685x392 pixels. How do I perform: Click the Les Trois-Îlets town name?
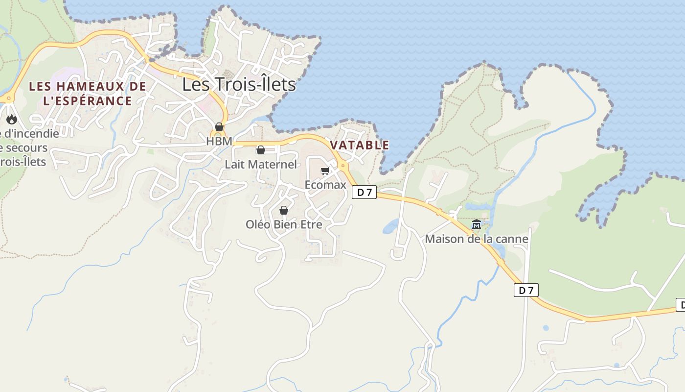point(239,84)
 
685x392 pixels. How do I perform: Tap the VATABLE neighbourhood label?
point(360,145)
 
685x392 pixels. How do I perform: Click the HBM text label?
point(219,141)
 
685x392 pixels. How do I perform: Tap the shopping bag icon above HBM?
point(219,127)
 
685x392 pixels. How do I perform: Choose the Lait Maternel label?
point(261,164)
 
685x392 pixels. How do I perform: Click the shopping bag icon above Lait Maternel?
point(261,150)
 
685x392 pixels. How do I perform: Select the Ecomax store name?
point(325,185)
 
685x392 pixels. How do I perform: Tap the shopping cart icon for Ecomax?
point(325,171)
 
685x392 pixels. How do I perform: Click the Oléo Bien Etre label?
point(284,224)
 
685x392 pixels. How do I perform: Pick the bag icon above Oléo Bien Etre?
point(283,210)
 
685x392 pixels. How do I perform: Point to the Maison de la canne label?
point(477,239)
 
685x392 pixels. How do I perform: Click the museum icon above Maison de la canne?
point(476,225)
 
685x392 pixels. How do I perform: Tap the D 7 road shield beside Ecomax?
point(364,193)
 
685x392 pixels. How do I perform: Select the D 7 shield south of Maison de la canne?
point(526,290)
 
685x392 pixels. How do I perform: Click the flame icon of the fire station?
point(12,119)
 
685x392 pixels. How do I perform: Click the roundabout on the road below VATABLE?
point(343,166)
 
